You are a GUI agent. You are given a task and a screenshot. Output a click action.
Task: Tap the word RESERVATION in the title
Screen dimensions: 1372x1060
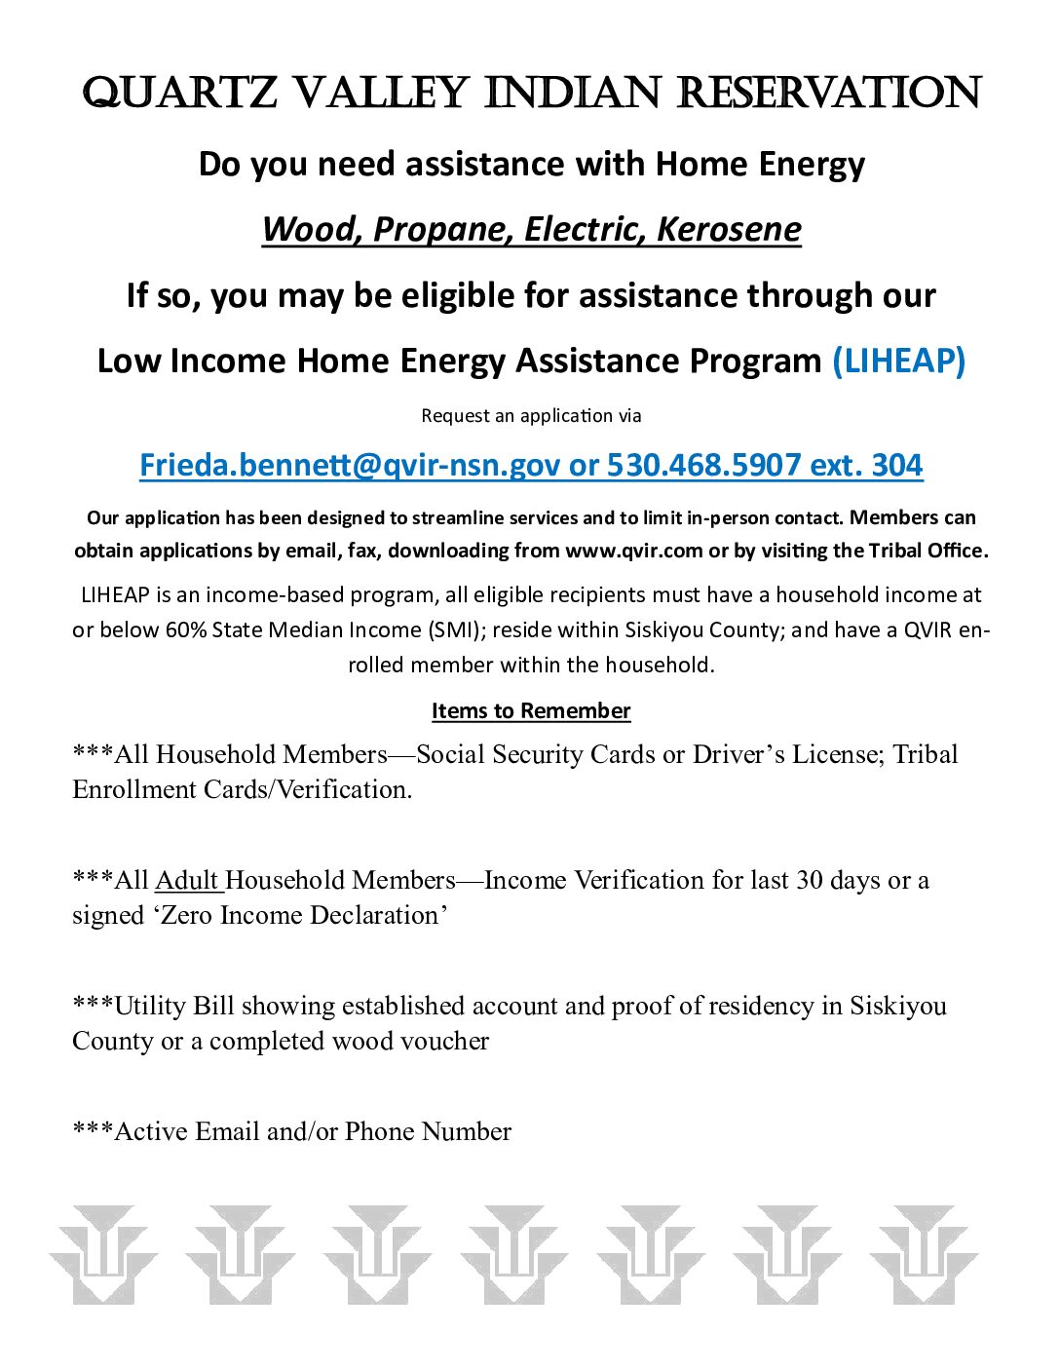(829, 94)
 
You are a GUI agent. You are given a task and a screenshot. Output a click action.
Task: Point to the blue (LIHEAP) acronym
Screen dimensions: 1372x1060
(898, 361)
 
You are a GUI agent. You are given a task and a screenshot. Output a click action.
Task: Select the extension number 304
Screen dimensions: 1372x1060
(896, 465)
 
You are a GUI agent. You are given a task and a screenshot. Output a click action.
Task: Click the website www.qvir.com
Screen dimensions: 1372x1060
(633, 551)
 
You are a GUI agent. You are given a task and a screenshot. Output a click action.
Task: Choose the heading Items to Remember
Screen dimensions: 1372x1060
(531, 711)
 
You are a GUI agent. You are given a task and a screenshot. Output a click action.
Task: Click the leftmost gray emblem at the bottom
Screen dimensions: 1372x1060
(102, 1255)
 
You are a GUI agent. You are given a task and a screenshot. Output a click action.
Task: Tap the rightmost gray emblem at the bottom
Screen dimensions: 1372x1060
(923, 1255)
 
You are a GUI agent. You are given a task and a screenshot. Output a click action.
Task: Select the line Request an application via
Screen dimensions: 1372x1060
(531, 416)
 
